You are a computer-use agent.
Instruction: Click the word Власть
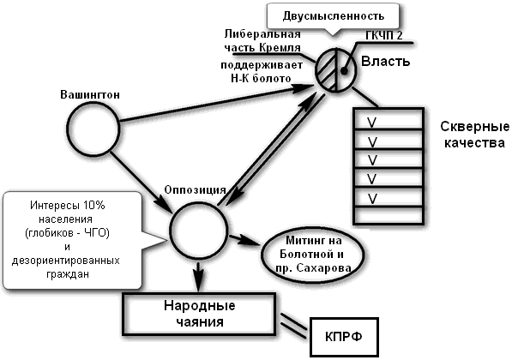[386, 63]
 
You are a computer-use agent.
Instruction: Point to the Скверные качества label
[470, 135]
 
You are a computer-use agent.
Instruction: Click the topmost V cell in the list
[389, 119]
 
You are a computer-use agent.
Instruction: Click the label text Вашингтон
[92, 92]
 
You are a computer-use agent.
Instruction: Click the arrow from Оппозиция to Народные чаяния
[199, 276]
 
